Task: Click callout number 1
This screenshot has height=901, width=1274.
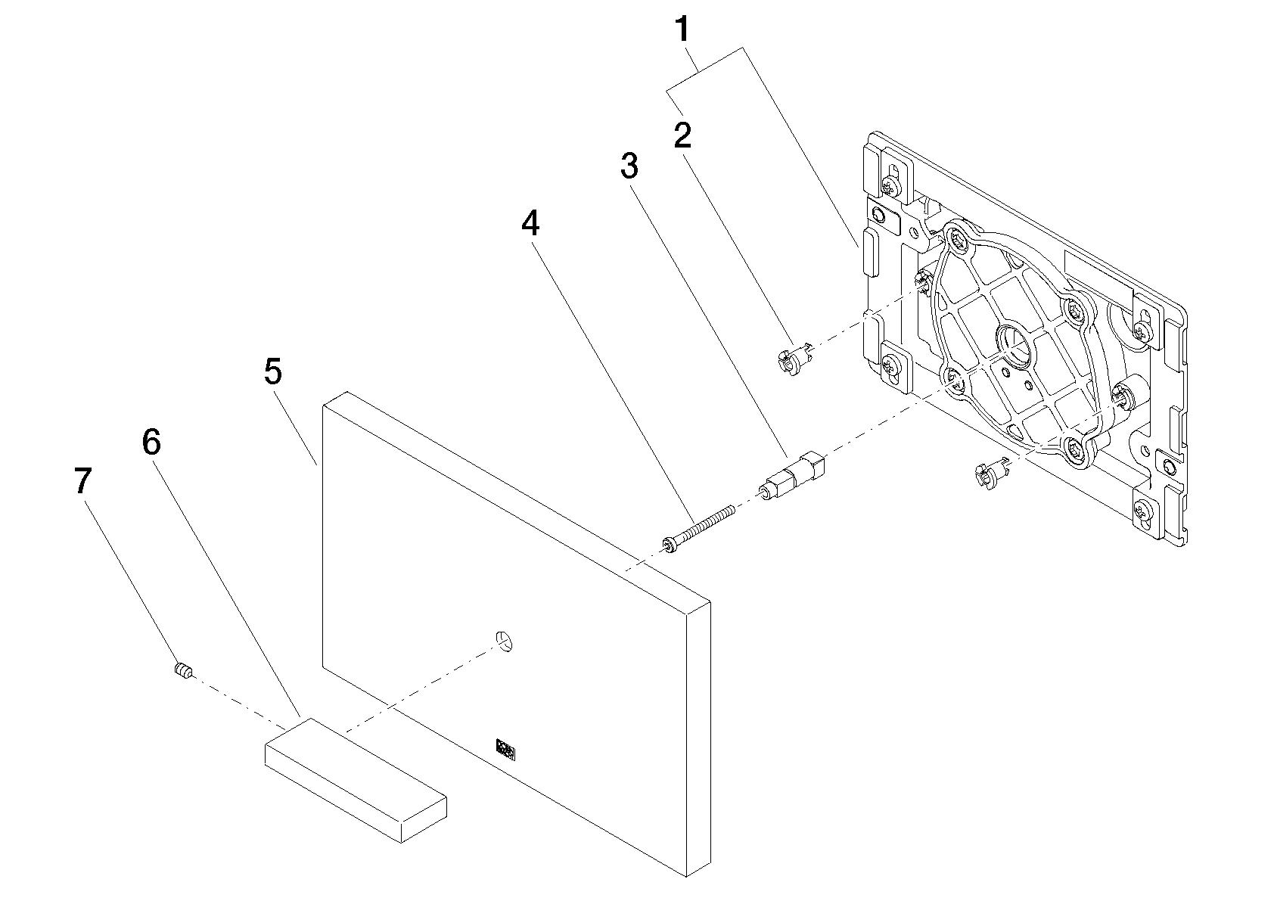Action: click(x=682, y=30)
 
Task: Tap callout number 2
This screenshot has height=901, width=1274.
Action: click(x=682, y=135)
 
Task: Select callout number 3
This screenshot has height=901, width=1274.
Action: click(x=629, y=166)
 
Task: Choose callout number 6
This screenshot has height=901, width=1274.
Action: click(x=151, y=442)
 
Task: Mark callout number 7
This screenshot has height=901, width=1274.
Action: click(x=83, y=481)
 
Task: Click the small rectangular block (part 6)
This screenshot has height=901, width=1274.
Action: click(x=356, y=779)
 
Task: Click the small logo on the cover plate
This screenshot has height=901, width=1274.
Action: click(x=505, y=749)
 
